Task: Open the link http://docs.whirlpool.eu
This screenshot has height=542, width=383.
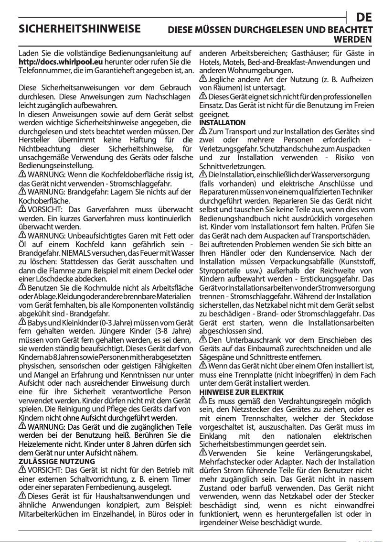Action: tap(61, 62)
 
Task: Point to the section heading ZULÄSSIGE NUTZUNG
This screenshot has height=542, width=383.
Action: tap(56, 461)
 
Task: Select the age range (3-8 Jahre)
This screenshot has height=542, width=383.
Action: tap(170, 331)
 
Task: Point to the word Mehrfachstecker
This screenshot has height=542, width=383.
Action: tap(225, 462)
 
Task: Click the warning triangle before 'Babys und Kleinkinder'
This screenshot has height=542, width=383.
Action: tap(22, 323)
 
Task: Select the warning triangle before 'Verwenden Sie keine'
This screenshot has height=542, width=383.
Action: tap(203, 453)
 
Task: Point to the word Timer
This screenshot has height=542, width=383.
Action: tap(181, 479)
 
